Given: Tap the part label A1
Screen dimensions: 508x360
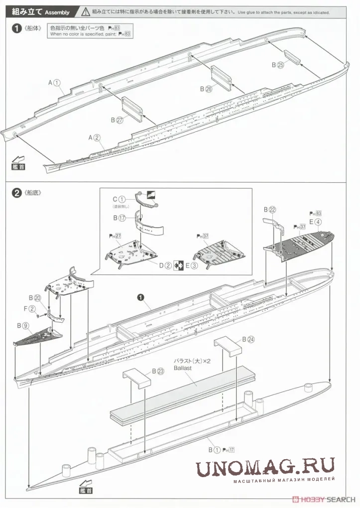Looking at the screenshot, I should pos(54,83).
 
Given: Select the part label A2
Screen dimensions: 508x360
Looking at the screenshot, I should pos(95,137).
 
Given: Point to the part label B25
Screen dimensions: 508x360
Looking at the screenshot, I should pos(277,65).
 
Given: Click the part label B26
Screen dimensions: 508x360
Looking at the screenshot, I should pos(206,89).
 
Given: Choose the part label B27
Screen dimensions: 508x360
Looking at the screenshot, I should pos(117,120).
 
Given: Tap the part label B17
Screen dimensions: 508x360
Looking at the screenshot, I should pos(119,218).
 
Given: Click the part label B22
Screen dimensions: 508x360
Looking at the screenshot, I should pos(269,210).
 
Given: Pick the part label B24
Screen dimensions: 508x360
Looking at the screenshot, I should pos(248,339).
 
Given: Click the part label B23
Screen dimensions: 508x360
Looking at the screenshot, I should pos(157,371).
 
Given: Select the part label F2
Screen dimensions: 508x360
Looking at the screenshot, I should pos(32,309).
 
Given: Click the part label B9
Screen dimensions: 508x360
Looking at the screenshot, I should pos(23,325).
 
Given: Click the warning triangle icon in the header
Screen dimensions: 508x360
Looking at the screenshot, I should pos(86,11).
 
